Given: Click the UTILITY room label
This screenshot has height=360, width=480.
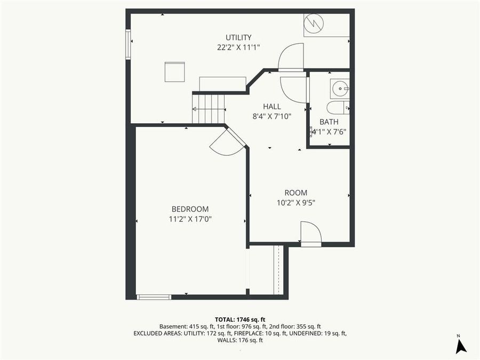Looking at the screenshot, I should [238, 37].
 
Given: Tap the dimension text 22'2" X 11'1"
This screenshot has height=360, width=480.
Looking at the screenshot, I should [238, 47].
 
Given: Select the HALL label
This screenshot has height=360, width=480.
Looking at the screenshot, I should [271, 107].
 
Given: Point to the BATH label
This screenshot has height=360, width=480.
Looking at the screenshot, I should [329, 122].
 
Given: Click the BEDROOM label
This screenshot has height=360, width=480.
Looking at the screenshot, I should [190, 209].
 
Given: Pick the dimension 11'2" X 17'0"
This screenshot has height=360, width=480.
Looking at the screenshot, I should [190, 219].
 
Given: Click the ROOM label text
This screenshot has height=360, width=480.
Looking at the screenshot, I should [295, 193].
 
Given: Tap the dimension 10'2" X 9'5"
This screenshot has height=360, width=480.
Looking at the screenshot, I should [295, 202].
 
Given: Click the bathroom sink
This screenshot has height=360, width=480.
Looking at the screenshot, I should [339, 88].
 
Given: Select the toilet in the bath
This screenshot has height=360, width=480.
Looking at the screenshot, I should [338, 108].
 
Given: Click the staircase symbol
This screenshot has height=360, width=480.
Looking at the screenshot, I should [209, 109].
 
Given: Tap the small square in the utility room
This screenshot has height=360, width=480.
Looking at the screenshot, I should [174, 71].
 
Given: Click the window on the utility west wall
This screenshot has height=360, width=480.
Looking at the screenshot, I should [128, 44].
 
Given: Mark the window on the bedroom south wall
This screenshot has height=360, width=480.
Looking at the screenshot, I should [154, 297].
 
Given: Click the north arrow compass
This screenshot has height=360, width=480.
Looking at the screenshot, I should [461, 346].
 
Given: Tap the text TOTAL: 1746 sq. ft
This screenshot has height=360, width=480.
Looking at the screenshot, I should [239, 318].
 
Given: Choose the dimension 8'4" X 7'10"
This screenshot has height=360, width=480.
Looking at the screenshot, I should [271, 116].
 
